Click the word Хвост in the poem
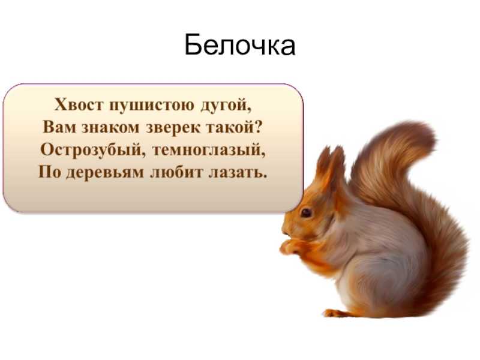(79, 104)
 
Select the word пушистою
(152, 106)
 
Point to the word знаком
(110, 128)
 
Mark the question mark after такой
(259, 127)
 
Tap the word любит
(176, 172)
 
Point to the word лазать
(238, 172)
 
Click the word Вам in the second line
(59, 127)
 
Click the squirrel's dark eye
(306, 212)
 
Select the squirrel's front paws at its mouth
(290, 247)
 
